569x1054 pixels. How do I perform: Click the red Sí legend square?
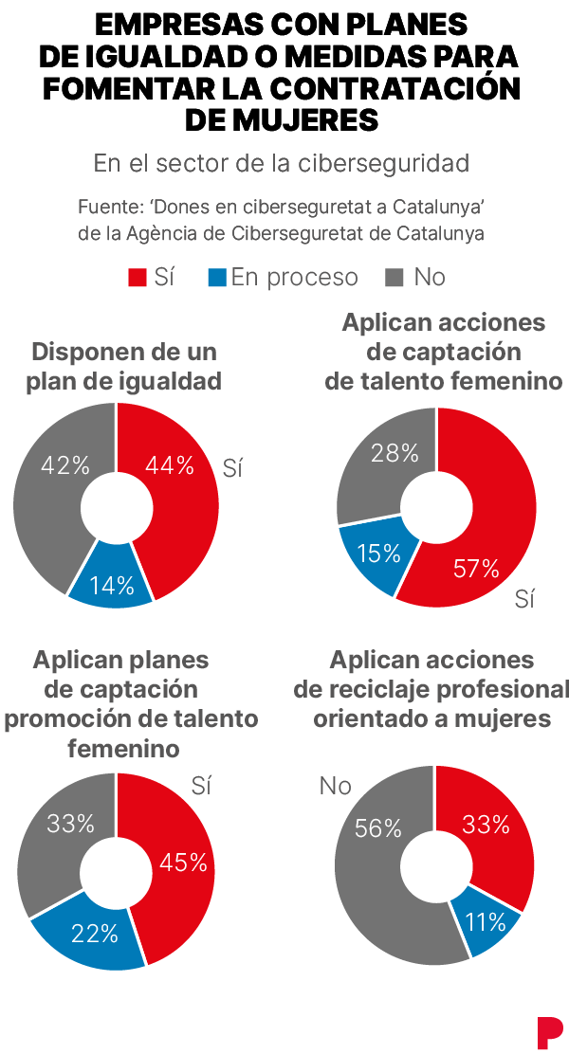click(138, 278)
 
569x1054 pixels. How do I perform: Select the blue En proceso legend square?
click(217, 278)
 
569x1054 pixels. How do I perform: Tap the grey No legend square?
click(395, 278)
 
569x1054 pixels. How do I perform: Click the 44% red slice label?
click(170, 464)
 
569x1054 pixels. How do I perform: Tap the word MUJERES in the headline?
click(281, 119)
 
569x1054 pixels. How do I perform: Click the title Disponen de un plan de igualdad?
click(123, 367)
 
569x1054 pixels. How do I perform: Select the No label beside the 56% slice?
click(335, 785)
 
